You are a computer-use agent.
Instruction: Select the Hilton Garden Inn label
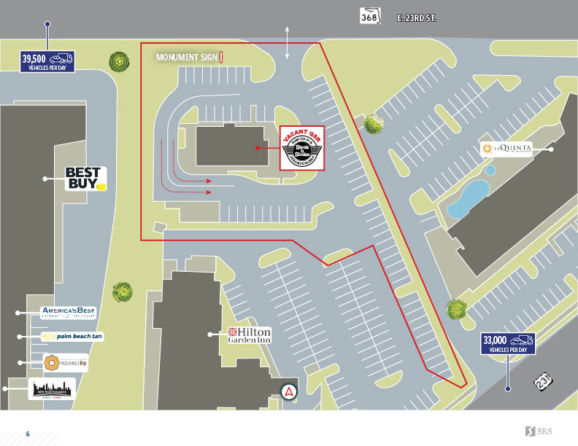(x=250, y=334)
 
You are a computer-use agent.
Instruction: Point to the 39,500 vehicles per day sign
(x=47, y=61)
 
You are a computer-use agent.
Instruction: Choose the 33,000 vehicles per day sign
(x=508, y=343)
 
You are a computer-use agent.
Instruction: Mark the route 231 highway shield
(x=543, y=381)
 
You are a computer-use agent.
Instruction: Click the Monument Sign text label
(x=187, y=57)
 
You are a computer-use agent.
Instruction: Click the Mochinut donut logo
(x=65, y=362)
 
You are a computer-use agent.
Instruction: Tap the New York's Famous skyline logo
(x=52, y=389)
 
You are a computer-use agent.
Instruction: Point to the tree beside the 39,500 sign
(x=117, y=61)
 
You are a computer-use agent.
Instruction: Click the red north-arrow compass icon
(x=290, y=391)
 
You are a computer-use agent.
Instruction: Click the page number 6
(x=28, y=434)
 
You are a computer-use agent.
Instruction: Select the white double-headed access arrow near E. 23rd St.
(x=288, y=42)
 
